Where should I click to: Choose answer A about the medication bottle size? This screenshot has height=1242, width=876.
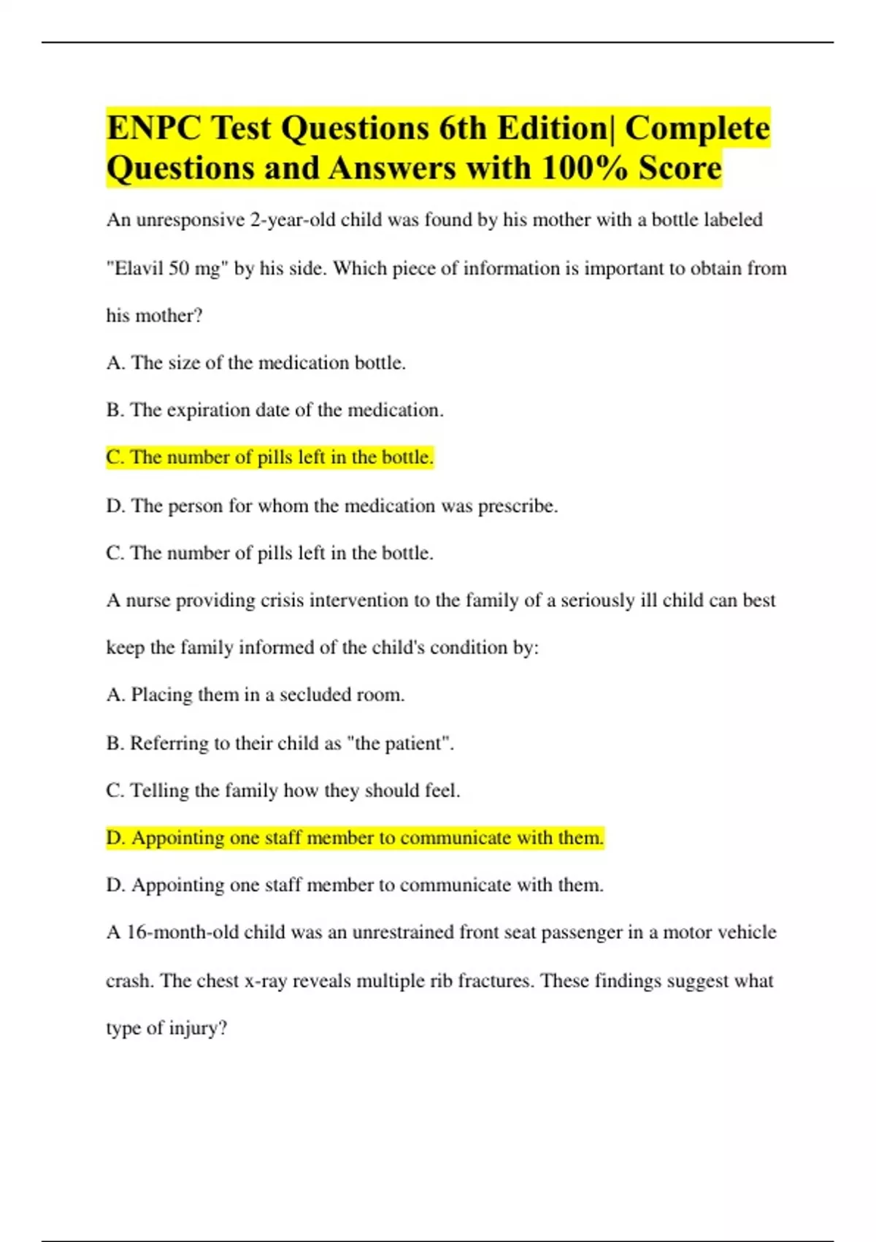pos(255,362)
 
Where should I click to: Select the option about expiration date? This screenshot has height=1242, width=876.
pos(274,410)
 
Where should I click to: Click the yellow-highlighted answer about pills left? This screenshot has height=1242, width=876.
pos(269,457)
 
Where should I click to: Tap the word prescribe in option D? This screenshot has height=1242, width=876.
pos(518,506)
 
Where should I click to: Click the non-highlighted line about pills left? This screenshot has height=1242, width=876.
pos(269,553)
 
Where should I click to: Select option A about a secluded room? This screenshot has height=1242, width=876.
pos(255,694)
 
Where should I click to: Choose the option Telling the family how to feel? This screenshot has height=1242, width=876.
pos(283,790)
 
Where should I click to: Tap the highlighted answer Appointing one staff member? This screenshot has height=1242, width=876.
pos(355,838)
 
